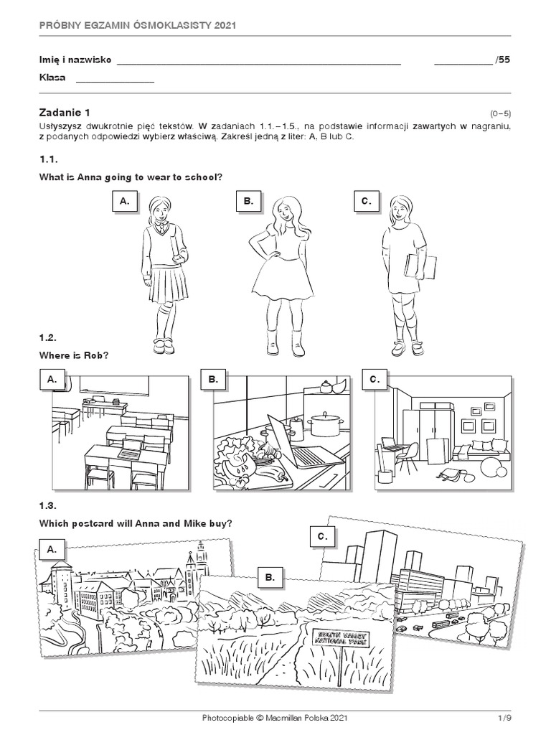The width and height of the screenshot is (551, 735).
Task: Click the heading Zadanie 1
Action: [65, 113]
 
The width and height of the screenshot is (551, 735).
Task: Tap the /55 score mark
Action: [502, 60]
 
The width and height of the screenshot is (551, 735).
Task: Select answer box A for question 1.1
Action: [124, 201]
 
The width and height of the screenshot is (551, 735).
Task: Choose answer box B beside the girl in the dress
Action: [248, 201]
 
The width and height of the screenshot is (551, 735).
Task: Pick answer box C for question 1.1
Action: [367, 201]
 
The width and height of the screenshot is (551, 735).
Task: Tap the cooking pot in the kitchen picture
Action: [324, 425]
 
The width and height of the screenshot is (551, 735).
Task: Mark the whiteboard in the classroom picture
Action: [114, 385]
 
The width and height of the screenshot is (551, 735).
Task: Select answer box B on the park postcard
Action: [270, 578]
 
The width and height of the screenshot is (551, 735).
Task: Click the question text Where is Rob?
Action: [74, 355]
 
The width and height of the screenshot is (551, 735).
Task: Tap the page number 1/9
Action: [504, 718]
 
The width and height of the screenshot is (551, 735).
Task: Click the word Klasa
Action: [52, 78]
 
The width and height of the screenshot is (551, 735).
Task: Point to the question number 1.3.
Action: [48, 505]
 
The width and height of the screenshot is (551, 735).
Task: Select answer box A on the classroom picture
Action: [52, 379]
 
